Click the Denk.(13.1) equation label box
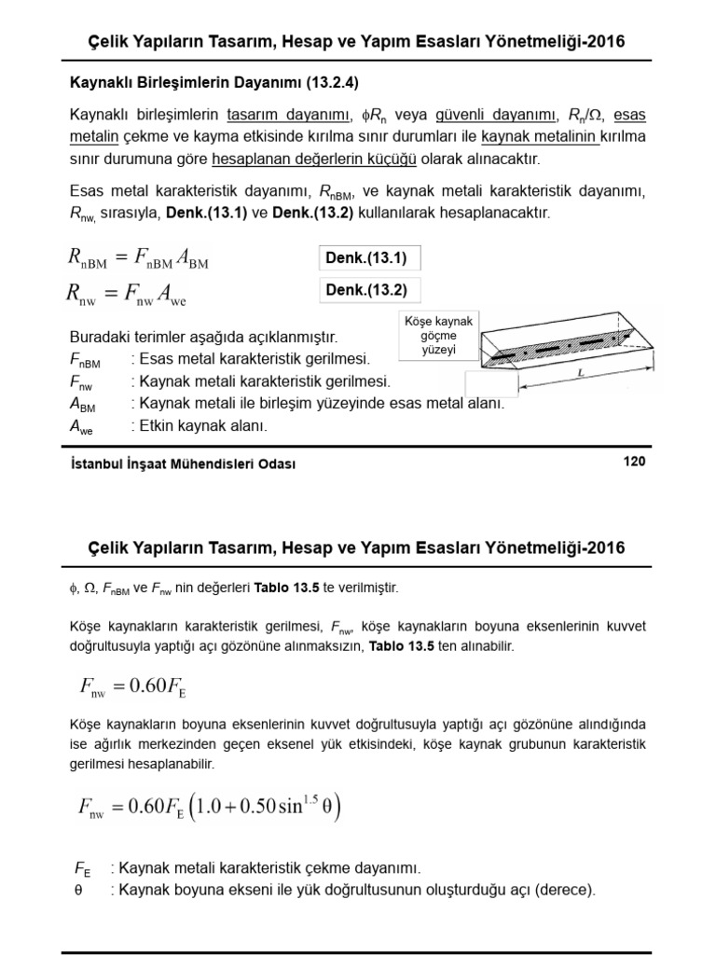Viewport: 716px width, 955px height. (x=366, y=257)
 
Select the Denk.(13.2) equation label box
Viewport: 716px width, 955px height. (x=366, y=290)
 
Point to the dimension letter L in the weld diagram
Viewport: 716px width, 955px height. (x=581, y=372)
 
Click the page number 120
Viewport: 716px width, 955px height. (x=634, y=462)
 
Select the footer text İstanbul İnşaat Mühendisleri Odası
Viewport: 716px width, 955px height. (x=183, y=464)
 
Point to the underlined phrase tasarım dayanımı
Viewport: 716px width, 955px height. (x=283, y=116)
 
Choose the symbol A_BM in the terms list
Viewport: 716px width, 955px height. (x=82, y=404)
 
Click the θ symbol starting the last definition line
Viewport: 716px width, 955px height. (x=78, y=889)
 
